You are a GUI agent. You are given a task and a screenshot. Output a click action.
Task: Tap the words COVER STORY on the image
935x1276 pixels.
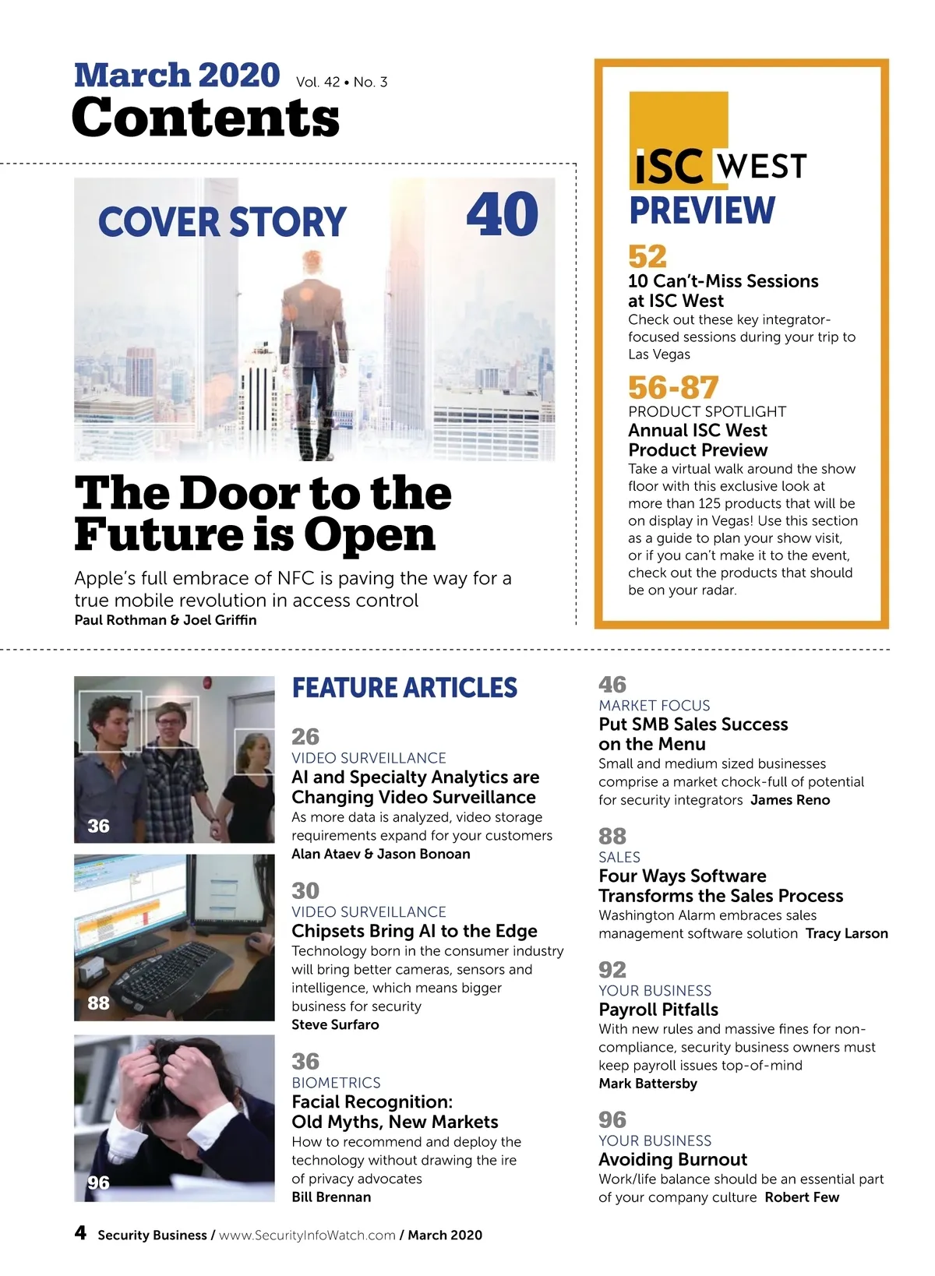[222, 222]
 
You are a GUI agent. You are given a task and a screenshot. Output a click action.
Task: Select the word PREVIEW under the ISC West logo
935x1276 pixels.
[702, 210]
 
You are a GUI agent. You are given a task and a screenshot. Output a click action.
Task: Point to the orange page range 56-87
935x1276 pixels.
[673, 387]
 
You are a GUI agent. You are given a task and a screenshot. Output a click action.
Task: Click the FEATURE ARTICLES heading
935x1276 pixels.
[404, 688]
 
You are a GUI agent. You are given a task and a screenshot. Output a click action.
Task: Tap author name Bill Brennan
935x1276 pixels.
[331, 1197]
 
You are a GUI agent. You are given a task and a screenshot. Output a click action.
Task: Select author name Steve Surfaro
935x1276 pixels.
[335, 1024]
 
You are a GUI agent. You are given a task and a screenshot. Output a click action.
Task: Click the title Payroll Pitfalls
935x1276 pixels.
[658, 1010]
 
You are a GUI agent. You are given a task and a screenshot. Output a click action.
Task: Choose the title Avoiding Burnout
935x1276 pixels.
[672, 1159]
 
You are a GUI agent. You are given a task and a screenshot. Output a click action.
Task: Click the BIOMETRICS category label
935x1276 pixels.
[336, 1083]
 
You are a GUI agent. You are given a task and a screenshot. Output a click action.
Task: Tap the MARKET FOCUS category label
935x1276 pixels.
[654, 705]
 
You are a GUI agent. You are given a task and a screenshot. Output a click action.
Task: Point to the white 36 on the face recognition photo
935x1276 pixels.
[98, 826]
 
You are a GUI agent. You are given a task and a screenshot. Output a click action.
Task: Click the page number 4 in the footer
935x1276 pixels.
[80, 1233]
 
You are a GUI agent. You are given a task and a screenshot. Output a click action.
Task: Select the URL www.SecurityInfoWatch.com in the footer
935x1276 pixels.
[307, 1235]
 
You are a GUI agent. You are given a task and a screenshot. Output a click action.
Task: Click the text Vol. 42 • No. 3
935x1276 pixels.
[341, 82]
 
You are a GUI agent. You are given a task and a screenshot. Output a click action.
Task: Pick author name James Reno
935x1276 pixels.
[790, 800]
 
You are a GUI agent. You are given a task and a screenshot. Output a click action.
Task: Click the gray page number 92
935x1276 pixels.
[612, 970]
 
